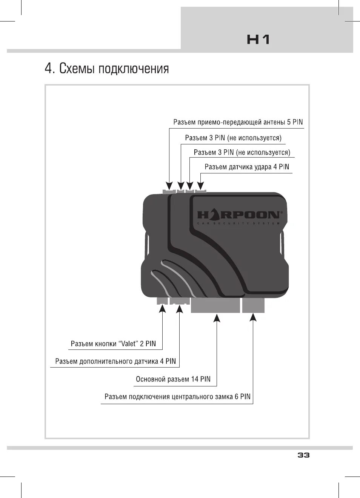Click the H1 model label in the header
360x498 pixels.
tap(258, 40)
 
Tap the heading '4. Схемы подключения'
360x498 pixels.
tap(107, 69)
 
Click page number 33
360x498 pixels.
tap(303, 455)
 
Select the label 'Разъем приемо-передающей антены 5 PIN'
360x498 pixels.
tap(238, 122)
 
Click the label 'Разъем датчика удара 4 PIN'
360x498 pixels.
tap(247, 167)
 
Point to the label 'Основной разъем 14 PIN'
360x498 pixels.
tap(173, 379)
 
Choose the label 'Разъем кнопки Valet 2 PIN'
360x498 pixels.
tap(113, 344)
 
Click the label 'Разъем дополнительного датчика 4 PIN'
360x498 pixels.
tap(115, 362)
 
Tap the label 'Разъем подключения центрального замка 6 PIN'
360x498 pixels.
tap(177, 397)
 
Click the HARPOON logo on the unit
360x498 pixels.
tap(239, 215)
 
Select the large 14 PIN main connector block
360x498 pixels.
tap(215, 305)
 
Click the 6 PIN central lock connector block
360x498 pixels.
tap(253, 305)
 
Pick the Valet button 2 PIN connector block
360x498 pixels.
tap(162, 300)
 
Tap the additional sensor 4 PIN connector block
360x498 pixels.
tap(180, 300)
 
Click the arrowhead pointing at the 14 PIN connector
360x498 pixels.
tap(217, 319)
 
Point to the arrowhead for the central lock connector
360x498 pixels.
tap(253, 317)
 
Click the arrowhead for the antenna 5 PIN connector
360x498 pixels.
tap(169, 185)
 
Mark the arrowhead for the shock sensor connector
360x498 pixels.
tap(201, 185)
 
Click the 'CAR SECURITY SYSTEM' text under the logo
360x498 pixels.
tap(239, 224)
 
